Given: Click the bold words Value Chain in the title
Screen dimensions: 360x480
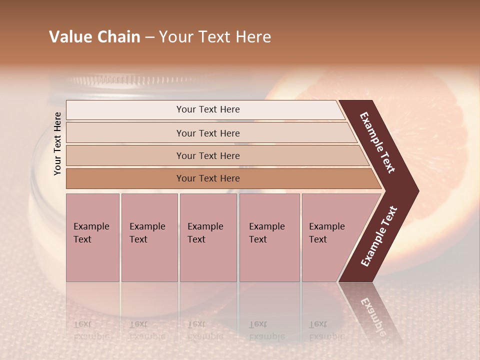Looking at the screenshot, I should pyautogui.click(x=94, y=37).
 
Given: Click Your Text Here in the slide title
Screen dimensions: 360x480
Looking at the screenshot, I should pyautogui.click(x=215, y=37).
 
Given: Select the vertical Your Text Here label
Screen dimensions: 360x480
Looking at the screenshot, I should pyautogui.click(x=57, y=143).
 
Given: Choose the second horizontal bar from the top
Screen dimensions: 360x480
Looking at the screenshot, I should pyautogui.click(x=208, y=133).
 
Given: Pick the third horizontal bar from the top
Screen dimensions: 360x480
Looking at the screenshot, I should pyautogui.click(x=208, y=155).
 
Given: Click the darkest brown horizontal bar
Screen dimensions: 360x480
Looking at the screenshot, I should pyautogui.click(x=208, y=178).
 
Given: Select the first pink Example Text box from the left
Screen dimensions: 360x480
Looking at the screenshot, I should pyautogui.click(x=92, y=237).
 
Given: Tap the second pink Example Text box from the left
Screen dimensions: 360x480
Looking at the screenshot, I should pyautogui.click(x=149, y=237).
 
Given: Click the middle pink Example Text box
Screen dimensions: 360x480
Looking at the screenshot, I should pyautogui.click(x=208, y=237).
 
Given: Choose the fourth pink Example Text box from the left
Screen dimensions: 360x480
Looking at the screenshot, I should pyautogui.click(x=269, y=237).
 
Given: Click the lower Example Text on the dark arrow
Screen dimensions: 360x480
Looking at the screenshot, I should pyautogui.click(x=379, y=236).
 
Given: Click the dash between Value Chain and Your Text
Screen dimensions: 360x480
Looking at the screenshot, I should pyautogui.click(x=149, y=37).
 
